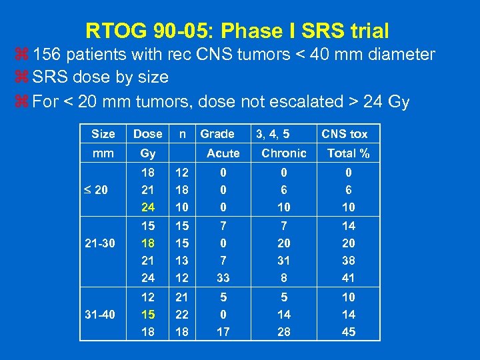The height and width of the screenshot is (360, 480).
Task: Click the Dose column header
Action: pos(148,134)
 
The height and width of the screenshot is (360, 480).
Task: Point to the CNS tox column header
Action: pos(345,134)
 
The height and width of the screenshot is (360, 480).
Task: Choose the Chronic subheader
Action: pos(284,153)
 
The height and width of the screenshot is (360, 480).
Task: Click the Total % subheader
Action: pos(348,153)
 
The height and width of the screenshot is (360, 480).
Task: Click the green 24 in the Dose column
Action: pos(148,207)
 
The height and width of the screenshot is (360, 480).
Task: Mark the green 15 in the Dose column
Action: pos(148,315)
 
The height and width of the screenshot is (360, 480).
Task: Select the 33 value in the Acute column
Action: pos(223,278)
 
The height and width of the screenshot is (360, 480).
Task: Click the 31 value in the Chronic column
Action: pos(284,261)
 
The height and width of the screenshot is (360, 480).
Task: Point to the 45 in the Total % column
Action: pos(348,332)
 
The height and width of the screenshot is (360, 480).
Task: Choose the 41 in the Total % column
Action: pos(348,278)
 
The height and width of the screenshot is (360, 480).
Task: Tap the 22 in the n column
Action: pos(181,315)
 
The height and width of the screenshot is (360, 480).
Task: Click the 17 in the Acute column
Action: pos(223,332)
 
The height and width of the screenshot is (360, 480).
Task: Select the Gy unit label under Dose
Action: pos(148,153)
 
